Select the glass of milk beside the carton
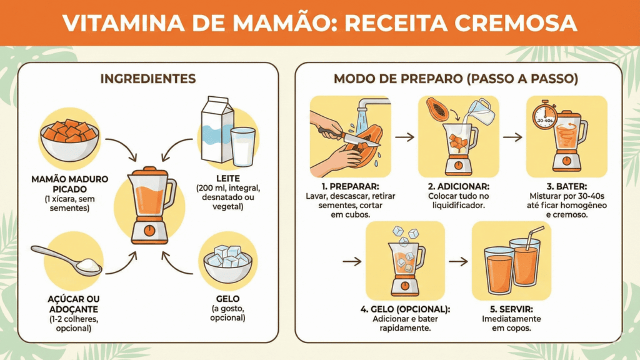tap(242, 147)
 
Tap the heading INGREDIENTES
tap(148, 79)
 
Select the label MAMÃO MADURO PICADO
tap(69, 184)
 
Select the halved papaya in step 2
tap(437, 109)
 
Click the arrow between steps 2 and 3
tap(512, 136)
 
